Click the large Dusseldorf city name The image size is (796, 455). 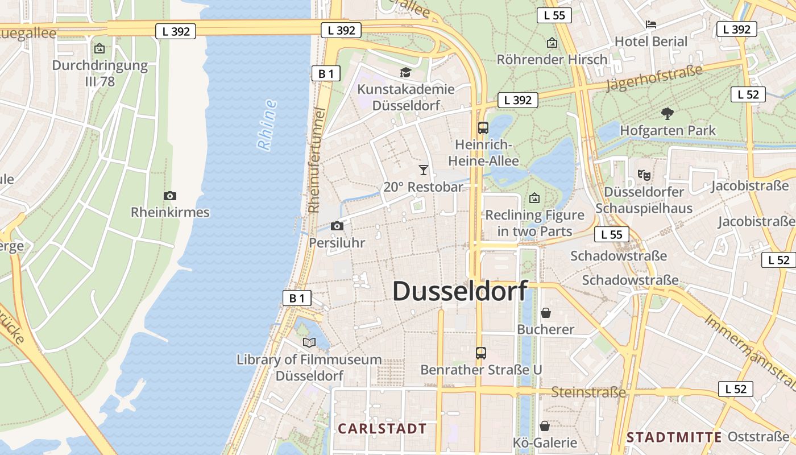point(459,291)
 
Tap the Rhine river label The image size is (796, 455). point(267,125)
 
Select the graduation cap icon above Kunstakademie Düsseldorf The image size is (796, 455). point(405,72)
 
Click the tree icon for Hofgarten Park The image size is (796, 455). point(668,114)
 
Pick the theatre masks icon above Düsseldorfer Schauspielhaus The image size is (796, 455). point(644,175)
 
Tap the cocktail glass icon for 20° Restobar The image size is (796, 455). point(423,169)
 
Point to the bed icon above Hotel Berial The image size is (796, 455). point(651,24)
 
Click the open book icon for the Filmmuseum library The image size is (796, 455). point(309,342)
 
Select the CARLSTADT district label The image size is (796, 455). point(382,428)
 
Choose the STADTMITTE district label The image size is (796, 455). point(674,437)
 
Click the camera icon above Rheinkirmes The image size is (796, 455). point(169,196)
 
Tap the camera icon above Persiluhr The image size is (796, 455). point(337,226)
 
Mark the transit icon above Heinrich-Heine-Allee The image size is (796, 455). point(483,128)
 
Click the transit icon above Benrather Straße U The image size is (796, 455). point(480,353)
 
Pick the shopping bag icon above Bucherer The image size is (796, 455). point(545,312)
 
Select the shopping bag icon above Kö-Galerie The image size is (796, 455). point(544,425)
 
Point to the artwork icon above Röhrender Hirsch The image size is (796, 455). point(552,43)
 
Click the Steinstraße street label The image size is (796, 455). point(588,392)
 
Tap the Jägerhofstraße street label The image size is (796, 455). point(654,78)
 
